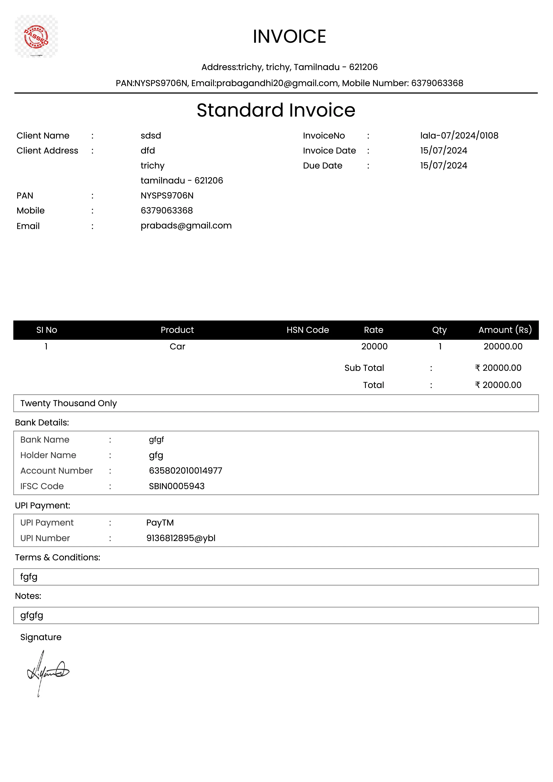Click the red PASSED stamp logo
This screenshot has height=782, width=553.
click(36, 36)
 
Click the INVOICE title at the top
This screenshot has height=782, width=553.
click(289, 36)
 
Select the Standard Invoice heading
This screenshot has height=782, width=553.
click(276, 110)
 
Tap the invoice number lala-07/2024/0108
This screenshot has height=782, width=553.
click(459, 136)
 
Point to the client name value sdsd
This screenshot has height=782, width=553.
click(151, 136)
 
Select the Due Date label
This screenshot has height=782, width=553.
click(322, 166)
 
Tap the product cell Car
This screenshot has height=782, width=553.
click(177, 346)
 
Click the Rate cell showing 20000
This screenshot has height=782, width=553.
click(374, 346)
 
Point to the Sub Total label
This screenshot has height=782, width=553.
click(364, 368)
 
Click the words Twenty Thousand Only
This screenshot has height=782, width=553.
click(68, 403)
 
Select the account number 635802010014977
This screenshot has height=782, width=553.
click(185, 471)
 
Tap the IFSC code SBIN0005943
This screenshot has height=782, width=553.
click(176, 486)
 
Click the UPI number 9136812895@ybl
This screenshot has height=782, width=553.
click(181, 538)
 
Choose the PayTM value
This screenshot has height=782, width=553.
click(160, 523)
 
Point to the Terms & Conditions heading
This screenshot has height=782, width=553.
click(58, 558)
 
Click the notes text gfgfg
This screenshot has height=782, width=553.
click(32, 615)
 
